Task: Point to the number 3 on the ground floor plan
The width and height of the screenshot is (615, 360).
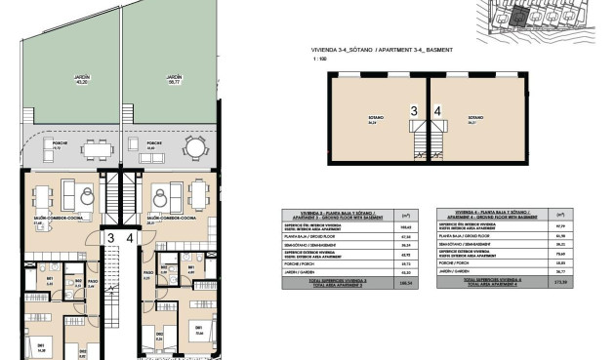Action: (112, 237)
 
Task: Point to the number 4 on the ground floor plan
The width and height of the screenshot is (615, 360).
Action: (129, 237)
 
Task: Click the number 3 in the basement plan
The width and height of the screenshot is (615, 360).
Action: (414, 111)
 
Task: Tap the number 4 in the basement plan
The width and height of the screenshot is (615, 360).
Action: (437, 111)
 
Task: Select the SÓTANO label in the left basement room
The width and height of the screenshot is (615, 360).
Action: (373, 118)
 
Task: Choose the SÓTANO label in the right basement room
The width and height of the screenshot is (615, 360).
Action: (475, 118)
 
